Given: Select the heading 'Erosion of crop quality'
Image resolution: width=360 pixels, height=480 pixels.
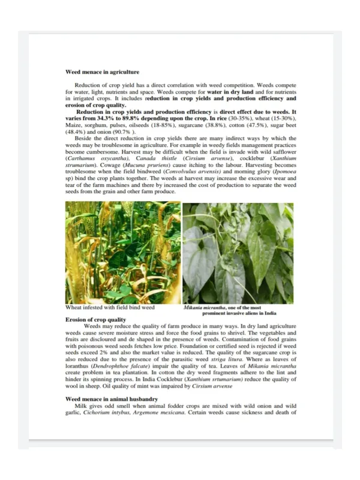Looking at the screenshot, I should click(x=95, y=320).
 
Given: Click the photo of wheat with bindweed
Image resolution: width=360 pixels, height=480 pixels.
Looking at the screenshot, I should click(x=122, y=253).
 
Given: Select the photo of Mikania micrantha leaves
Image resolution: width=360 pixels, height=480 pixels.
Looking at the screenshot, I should click(x=238, y=253).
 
